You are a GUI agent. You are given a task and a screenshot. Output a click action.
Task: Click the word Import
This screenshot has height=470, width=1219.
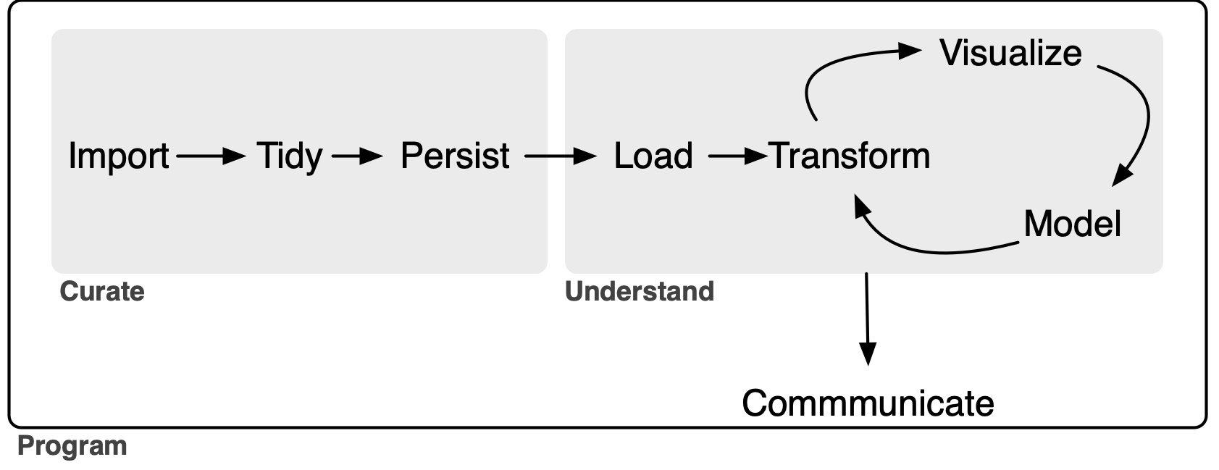click(119, 156)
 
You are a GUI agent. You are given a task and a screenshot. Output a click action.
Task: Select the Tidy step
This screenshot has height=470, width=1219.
click(289, 156)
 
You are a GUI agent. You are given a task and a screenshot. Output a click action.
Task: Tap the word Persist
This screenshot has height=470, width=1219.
click(455, 156)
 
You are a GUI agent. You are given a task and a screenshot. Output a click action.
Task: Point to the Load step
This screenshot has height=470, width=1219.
click(653, 156)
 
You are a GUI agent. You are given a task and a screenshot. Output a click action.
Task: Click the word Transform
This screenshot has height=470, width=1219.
click(850, 156)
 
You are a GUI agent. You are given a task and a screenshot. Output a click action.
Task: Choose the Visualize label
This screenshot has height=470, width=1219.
click(1010, 53)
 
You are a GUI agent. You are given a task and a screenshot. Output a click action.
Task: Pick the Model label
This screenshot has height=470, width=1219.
click(1072, 223)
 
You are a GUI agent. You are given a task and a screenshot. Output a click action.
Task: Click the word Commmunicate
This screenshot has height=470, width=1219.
click(868, 403)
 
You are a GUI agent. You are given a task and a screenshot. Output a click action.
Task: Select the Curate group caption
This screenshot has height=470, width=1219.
click(102, 291)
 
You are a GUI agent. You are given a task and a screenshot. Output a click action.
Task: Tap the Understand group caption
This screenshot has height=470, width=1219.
click(640, 291)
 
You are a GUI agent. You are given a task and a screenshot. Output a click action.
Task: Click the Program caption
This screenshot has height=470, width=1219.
click(72, 445)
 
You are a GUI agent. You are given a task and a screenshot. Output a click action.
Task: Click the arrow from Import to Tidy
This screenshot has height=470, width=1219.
click(210, 156)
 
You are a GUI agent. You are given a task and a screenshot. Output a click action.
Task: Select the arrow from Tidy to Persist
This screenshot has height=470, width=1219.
click(356, 156)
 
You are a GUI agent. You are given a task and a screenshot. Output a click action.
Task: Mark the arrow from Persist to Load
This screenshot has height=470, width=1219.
click(559, 156)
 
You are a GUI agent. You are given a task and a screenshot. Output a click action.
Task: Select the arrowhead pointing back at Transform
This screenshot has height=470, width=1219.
click(860, 207)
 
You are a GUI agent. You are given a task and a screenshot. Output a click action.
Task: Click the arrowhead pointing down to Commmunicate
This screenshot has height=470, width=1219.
click(868, 353)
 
